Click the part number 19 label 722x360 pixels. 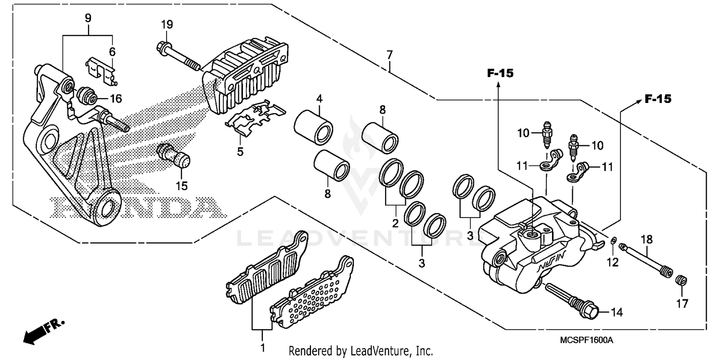coord(167,24)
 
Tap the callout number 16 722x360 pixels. coord(116,99)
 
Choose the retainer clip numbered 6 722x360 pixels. coord(101,69)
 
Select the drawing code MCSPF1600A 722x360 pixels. coord(586,340)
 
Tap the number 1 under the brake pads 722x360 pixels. coord(262,347)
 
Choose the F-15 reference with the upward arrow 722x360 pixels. coord(500,73)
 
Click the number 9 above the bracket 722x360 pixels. coord(88,19)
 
